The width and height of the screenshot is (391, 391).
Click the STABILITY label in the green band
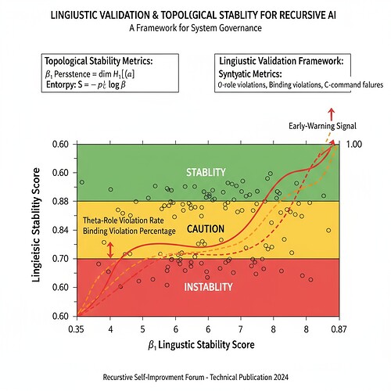point(206,172)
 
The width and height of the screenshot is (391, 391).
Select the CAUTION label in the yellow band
point(206,229)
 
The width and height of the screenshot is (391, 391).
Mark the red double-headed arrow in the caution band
point(110,249)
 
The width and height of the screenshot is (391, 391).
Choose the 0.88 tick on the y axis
point(62,201)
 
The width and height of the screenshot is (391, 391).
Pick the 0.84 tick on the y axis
point(62,230)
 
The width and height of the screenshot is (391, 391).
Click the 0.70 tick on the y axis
point(62,259)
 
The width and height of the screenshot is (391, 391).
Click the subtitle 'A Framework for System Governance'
point(195,29)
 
